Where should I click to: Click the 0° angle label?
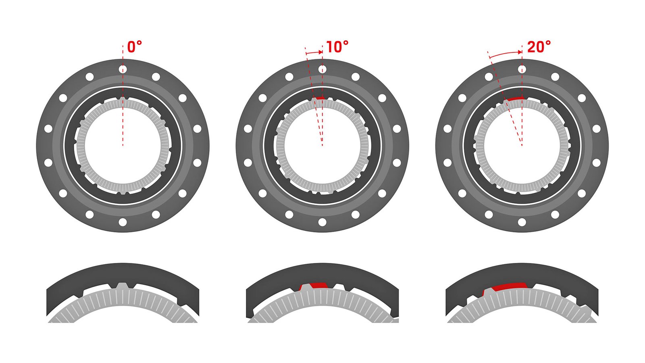click(x=135, y=47)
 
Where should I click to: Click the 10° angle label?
click(x=337, y=47)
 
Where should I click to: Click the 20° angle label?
click(x=539, y=47)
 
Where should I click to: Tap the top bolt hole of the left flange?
click(x=123, y=69)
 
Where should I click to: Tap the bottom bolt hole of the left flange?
click(x=123, y=222)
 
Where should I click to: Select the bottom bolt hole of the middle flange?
click(x=322, y=222)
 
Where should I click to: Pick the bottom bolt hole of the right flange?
click(x=522, y=222)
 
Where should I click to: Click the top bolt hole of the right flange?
click(x=522, y=69)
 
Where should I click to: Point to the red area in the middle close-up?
click(x=316, y=285)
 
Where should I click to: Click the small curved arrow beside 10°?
click(x=314, y=52)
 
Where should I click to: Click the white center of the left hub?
click(x=123, y=145)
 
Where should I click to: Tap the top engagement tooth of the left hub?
click(x=123, y=99)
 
